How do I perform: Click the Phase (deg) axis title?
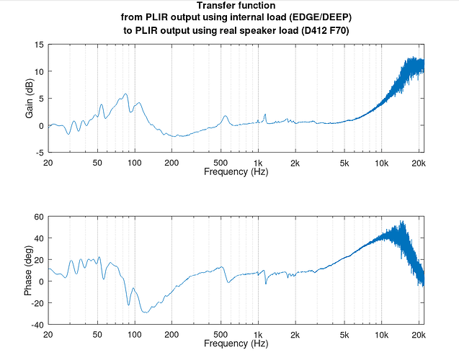(29, 271)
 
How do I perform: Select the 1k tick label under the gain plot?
(258, 163)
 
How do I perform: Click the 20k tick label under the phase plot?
(418, 335)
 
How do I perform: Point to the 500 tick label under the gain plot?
(221, 163)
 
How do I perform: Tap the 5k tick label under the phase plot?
(344, 335)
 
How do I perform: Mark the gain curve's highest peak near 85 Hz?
(125, 94)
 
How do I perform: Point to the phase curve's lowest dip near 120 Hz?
(146, 312)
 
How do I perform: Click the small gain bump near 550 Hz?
(225, 116)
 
